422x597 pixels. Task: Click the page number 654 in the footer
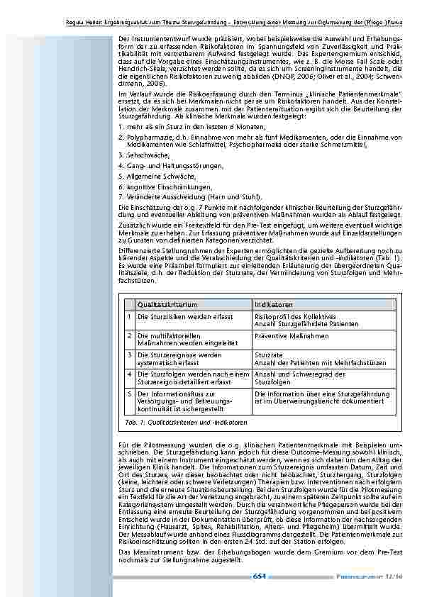tap(259, 576)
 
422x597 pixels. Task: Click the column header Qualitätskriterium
tap(167, 303)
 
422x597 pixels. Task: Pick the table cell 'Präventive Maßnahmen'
tap(291, 335)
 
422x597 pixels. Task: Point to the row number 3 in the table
tap(130, 355)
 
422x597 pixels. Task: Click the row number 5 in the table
tap(130, 393)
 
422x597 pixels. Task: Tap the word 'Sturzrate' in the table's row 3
tap(269, 355)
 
